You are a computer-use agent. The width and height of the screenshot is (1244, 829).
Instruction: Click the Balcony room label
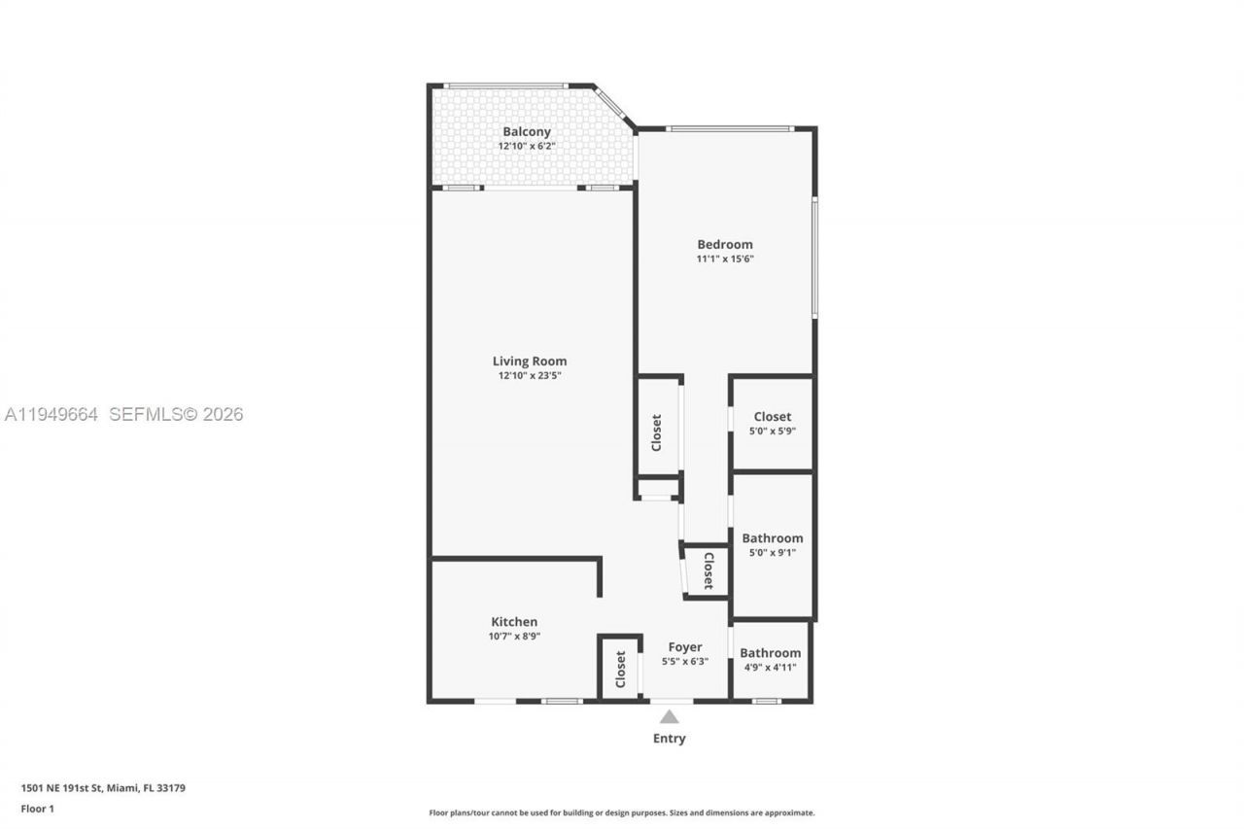click(527, 132)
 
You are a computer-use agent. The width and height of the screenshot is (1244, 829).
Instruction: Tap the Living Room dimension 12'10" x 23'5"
click(530, 375)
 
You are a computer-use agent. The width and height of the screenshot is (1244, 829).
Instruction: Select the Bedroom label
click(725, 245)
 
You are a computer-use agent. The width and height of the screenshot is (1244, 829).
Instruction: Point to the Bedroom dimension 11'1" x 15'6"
click(725, 259)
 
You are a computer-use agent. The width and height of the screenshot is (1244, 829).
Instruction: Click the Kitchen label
click(514, 622)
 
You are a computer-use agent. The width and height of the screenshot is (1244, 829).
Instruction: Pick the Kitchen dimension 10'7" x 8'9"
click(514, 637)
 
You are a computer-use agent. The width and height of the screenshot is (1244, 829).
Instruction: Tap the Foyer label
click(685, 647)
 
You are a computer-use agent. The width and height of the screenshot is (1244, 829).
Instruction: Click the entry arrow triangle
click(669, 717)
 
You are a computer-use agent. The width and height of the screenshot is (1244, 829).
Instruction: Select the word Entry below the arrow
click(669, 739)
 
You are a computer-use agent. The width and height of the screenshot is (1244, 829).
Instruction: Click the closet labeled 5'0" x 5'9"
click(773, 423)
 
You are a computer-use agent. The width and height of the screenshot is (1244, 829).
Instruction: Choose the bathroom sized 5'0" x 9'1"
click(773, 544)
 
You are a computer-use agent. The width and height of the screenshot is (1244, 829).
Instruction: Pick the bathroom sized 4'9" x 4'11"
click(771, 659)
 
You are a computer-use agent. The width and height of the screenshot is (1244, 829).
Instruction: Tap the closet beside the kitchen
click(620, 669)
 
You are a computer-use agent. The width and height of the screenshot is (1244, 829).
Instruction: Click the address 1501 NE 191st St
click(103, 788)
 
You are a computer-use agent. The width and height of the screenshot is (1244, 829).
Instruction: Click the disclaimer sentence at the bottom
click(622, 812)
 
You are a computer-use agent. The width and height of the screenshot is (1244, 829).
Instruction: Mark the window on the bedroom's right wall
click(814, 258)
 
